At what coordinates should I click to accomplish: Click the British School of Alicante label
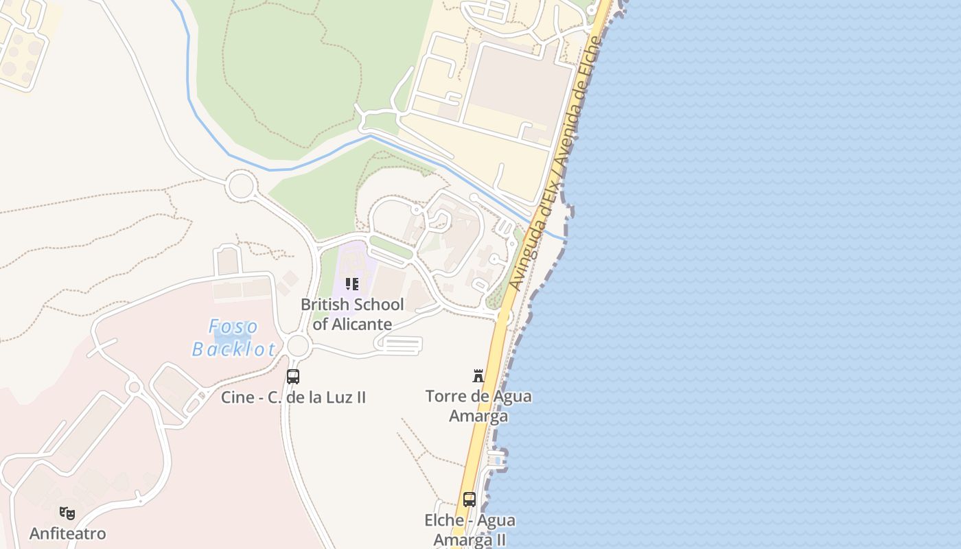[352, 314]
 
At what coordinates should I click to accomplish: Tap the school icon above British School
[352, 284]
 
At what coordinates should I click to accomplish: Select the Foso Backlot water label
[233, 338]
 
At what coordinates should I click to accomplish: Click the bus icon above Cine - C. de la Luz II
[293, 377]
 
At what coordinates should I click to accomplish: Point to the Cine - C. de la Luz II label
[293, 397]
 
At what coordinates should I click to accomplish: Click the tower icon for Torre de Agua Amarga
[478, 375]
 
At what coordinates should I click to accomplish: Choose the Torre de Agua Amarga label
[478, 406]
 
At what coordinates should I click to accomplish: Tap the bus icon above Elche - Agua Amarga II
[470, 500]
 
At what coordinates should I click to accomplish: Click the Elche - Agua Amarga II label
[470, 530]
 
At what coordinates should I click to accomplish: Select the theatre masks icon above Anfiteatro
[67, 513]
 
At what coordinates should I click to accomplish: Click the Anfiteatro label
[67, 533]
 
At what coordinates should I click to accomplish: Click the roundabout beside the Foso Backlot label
[298, 346]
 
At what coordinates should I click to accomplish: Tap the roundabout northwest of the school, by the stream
[241, 186]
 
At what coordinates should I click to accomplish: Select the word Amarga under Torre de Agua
[478, 416]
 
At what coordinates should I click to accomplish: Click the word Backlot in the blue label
[233, 349]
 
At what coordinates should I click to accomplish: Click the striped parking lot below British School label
[399, 345]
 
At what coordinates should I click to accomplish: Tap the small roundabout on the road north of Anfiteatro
[135, 388]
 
